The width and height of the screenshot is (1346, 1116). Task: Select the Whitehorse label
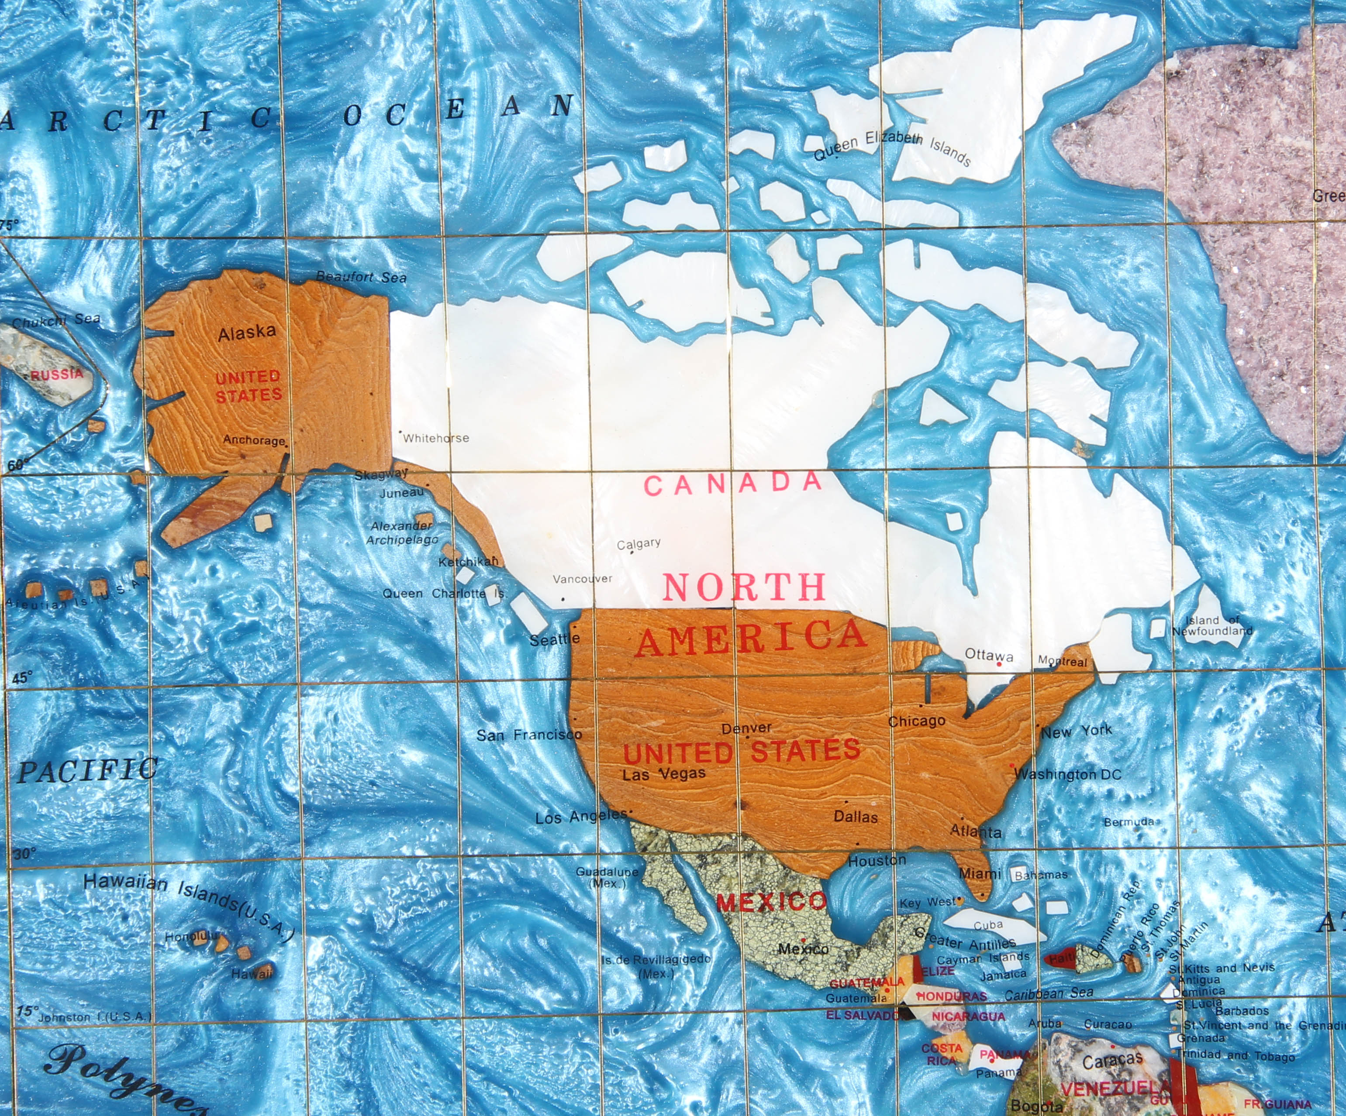pos(436,438)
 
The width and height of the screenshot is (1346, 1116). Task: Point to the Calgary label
pos(638,544)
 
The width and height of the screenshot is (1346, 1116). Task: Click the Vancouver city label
pos(582,579)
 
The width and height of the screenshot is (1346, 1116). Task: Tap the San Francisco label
pos(529,735)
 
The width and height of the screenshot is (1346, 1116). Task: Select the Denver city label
pos(746,728)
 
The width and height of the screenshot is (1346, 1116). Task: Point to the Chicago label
pos(917,721)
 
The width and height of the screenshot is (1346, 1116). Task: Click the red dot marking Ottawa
pos(999,664)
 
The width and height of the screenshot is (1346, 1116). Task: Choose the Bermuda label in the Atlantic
pos(1129,822)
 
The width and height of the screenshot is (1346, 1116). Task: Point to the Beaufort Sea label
pos(362,277)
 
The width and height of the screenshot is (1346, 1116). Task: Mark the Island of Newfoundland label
pos(1211,625)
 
